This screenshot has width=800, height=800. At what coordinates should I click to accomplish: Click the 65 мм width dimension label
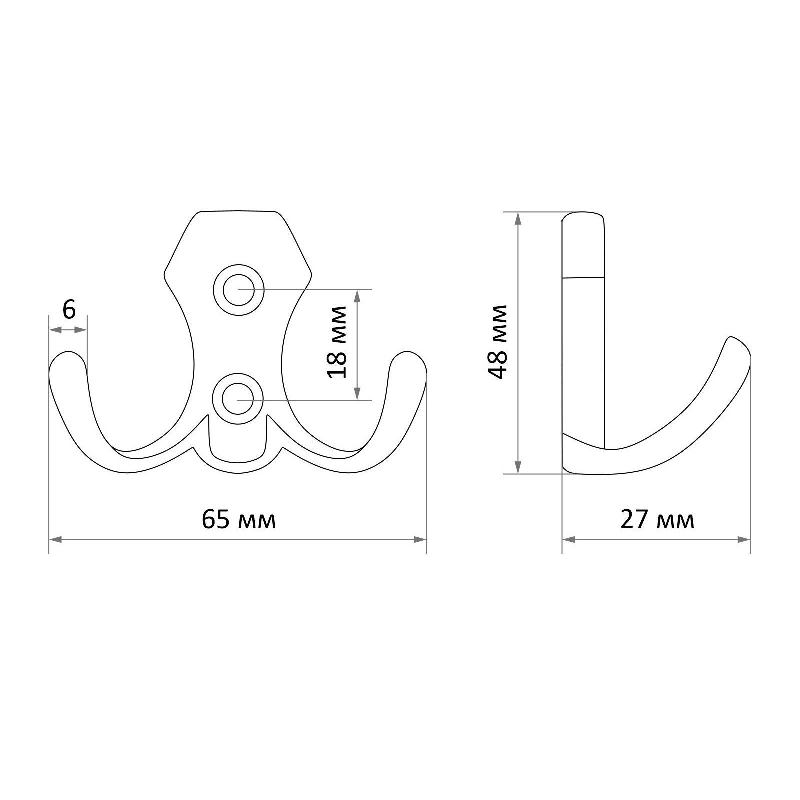[x=239, y=520]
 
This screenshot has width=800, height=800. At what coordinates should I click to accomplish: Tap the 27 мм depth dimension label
[x=657, y=520]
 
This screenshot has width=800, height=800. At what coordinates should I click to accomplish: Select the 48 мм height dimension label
[x=498, y=342]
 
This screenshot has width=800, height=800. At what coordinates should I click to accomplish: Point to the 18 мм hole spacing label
[x=338, y=343]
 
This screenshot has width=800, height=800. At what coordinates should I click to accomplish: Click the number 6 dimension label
[x=69, y=310]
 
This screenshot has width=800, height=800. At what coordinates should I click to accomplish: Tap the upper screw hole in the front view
[x=238, y=289]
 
